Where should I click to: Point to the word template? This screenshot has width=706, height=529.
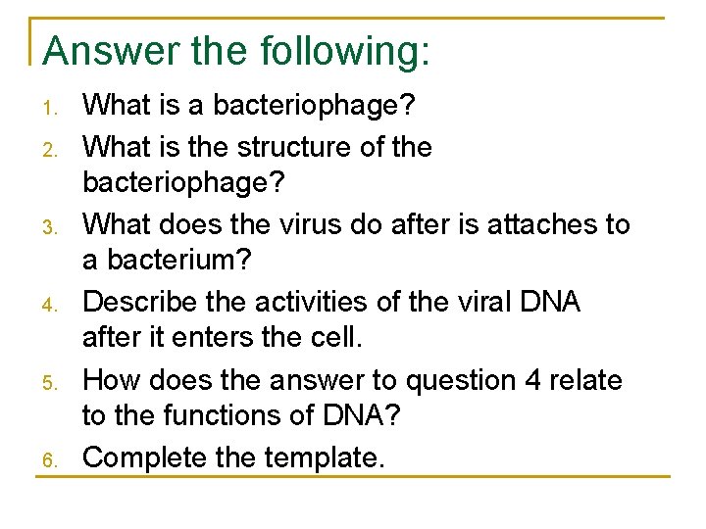pyautogui.click(x=324, y=457)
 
